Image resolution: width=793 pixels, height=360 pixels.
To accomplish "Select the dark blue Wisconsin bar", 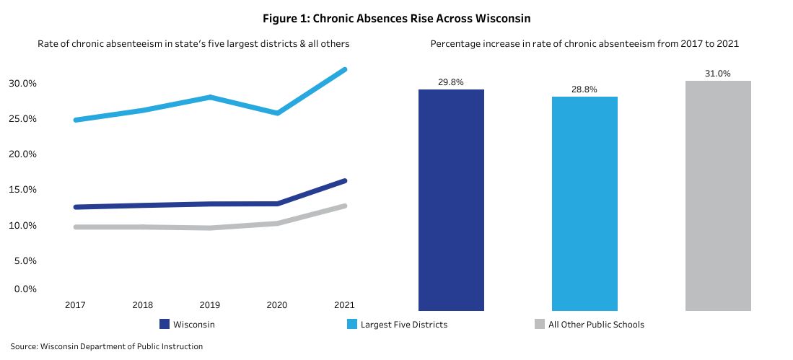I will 451,200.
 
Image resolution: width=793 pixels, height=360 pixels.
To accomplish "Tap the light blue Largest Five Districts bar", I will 584,203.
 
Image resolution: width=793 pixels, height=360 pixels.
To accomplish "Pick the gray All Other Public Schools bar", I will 718,196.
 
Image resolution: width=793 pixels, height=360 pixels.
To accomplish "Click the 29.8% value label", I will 451,82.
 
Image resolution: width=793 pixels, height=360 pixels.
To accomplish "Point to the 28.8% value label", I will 584,89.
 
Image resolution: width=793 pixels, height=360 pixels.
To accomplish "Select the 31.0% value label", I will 718,74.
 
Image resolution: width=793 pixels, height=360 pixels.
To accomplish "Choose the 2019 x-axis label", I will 210,305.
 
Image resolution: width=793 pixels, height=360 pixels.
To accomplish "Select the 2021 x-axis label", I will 345,305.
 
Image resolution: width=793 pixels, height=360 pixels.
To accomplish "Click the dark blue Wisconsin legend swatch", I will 164,325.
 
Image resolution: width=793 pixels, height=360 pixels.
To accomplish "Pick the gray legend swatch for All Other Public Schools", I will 539,325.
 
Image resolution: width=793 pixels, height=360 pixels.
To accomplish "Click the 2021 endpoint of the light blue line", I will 345,69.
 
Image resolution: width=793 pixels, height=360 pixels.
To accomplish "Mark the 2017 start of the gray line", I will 75,227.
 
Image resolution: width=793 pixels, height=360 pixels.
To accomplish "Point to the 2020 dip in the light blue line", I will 277,113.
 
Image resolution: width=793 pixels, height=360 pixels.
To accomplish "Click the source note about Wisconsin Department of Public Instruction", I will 107,347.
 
